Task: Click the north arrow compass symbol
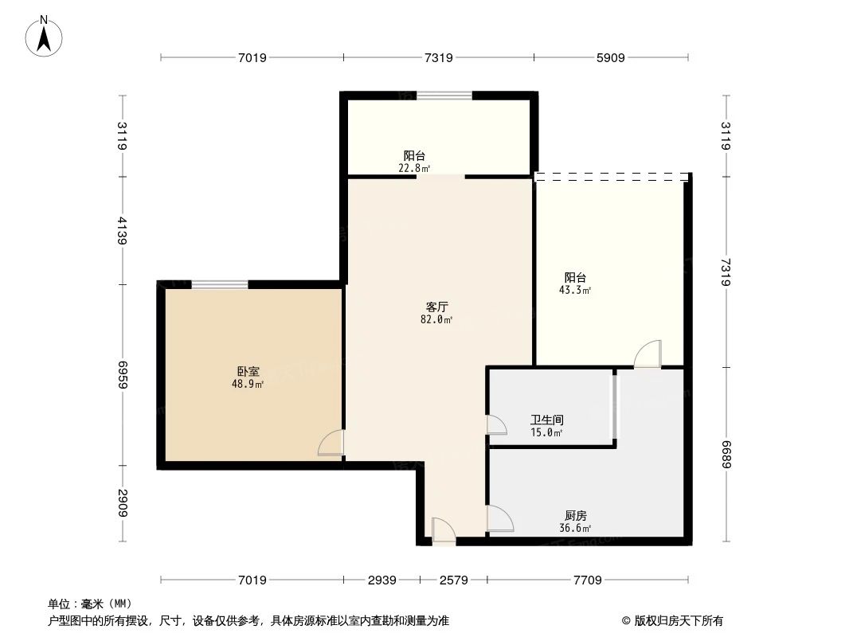tap(45, 37)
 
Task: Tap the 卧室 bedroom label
tap(248, 372)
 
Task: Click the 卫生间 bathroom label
tap(547, 420)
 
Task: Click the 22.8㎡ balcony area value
tap(414, 168)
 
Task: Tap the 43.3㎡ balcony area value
tap(575, 291)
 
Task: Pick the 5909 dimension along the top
tap(611, 57)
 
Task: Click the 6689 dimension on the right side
tap(726, 454)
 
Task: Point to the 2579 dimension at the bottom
tap(453, 580)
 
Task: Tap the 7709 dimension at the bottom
tap(587, 580)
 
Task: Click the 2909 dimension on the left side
tap(122, 503)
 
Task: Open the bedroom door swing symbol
tap(331, 443)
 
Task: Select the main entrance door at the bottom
tap(444, 531)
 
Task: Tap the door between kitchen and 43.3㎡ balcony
tap(648, 354)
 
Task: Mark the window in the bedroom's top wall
tap(220, 284)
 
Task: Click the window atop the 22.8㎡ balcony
tap(444, 96)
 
